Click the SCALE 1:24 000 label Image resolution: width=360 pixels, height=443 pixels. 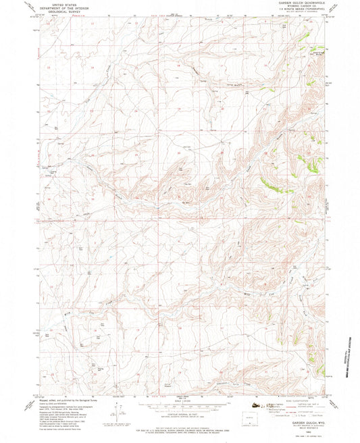pos(180,405)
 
